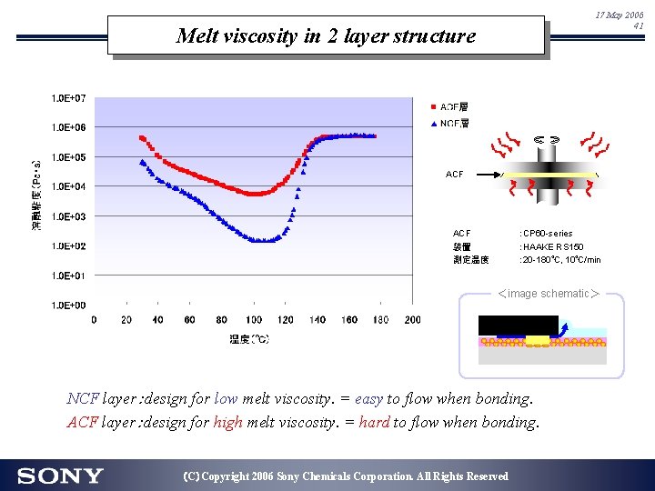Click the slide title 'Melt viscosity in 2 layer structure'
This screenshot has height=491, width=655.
pyautogui.click(x=326, y=36)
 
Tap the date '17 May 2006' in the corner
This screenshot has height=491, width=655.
pyautogui.click(x=619, y=15)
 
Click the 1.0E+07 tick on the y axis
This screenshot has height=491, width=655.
pyautogui.click(x=69, y=97)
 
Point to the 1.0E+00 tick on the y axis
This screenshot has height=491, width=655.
pyautogui.click(x=69, y=306)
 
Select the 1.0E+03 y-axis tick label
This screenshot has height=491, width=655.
pyautogui.click(x=69, y=216)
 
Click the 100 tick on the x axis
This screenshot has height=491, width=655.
pyautogui.click(x=253, y=319)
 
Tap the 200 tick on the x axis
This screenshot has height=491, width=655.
pyautogui.click(x=412, y=319)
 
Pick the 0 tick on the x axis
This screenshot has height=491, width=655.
pyautogui.click(x=94, y=319)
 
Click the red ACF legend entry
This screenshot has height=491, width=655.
pyautogui.click(x=449, y=107)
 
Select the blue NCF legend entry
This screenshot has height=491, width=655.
pyautogui.click(x=449, y=124)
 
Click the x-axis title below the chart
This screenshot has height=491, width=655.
pyautogui.click(x=248, y=339)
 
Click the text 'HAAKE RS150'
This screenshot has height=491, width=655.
pyautogui.click(x=552, y=246)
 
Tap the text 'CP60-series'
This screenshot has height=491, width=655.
pyautogui.click(x=547, y=233)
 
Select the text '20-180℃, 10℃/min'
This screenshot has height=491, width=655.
pyautogui.click(x=560, y=260)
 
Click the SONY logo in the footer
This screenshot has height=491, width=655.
pyautogui.click(x=60, y=476)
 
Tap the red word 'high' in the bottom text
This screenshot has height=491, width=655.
pyautogui.click(x=228, y=422)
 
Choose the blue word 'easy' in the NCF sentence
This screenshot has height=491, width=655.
pyautogui.click(x=368, y=398)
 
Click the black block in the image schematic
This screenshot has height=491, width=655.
pyautogui.click(x=518, y=326)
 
